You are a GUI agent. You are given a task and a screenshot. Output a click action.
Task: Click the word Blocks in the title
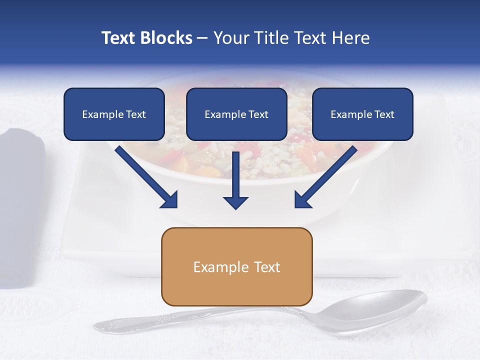click(x=166, y=38)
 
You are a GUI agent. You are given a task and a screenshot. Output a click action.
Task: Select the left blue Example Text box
click(x=114, y=114)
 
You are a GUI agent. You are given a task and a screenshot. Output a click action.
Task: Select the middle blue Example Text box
click(x=236, y=114)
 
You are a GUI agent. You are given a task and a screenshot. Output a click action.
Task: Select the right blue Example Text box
click(x=362, y=114)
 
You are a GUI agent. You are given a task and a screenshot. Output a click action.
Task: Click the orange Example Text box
click(x=236, y=266)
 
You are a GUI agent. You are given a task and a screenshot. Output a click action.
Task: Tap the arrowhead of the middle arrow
click(x=235, y=202)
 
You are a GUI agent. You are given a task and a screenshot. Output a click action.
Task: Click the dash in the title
click(x=202, y=38)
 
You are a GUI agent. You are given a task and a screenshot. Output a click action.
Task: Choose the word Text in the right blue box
click(x=384, y=114)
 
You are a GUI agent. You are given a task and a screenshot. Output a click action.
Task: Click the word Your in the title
click(x=229, y=38)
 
